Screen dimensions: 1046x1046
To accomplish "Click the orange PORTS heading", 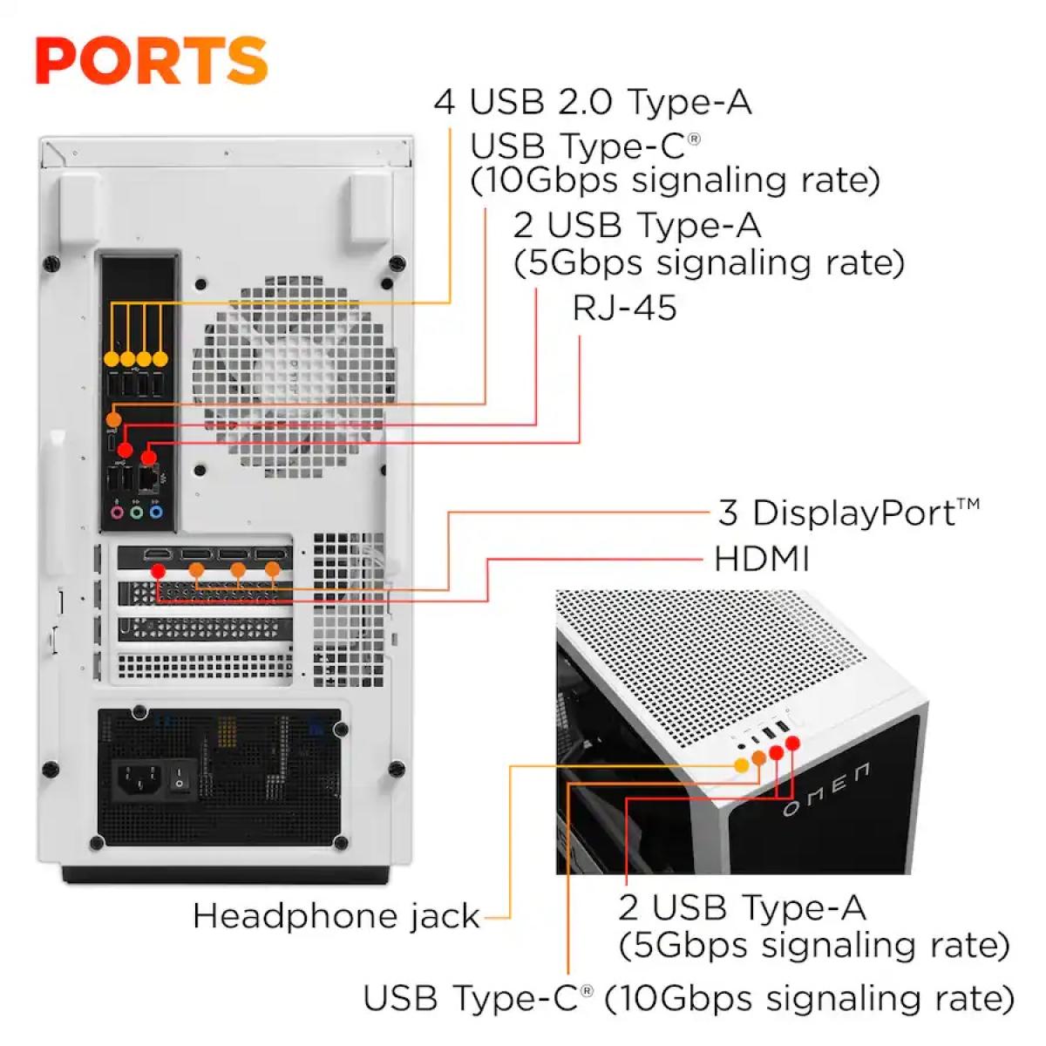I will pos(151,60).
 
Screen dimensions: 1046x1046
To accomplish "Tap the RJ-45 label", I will pos(624,308).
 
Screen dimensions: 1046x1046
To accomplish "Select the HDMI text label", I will pos(761,559).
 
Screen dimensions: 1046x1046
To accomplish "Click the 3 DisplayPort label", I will pos(848,513).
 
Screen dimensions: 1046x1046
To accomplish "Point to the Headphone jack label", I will pos(336,916).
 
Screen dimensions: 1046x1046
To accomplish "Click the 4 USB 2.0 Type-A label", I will pos(593,102).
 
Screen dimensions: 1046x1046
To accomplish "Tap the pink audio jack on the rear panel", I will pos(118,513).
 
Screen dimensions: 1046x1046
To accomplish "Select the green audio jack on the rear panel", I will pos(136,513).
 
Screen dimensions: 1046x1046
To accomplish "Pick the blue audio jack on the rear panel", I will pos(155,513).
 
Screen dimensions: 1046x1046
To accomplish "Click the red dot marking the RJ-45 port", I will pos(149,456).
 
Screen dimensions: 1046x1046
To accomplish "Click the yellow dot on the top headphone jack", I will pos(741,764).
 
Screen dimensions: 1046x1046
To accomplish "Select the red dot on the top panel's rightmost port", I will pos(792,744).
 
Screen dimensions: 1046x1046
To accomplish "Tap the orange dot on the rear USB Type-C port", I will pos(113,420).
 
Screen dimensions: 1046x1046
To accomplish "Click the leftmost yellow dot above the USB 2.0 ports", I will pos(112,358).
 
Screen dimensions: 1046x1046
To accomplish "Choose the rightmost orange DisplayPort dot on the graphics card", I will pos(272,570).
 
